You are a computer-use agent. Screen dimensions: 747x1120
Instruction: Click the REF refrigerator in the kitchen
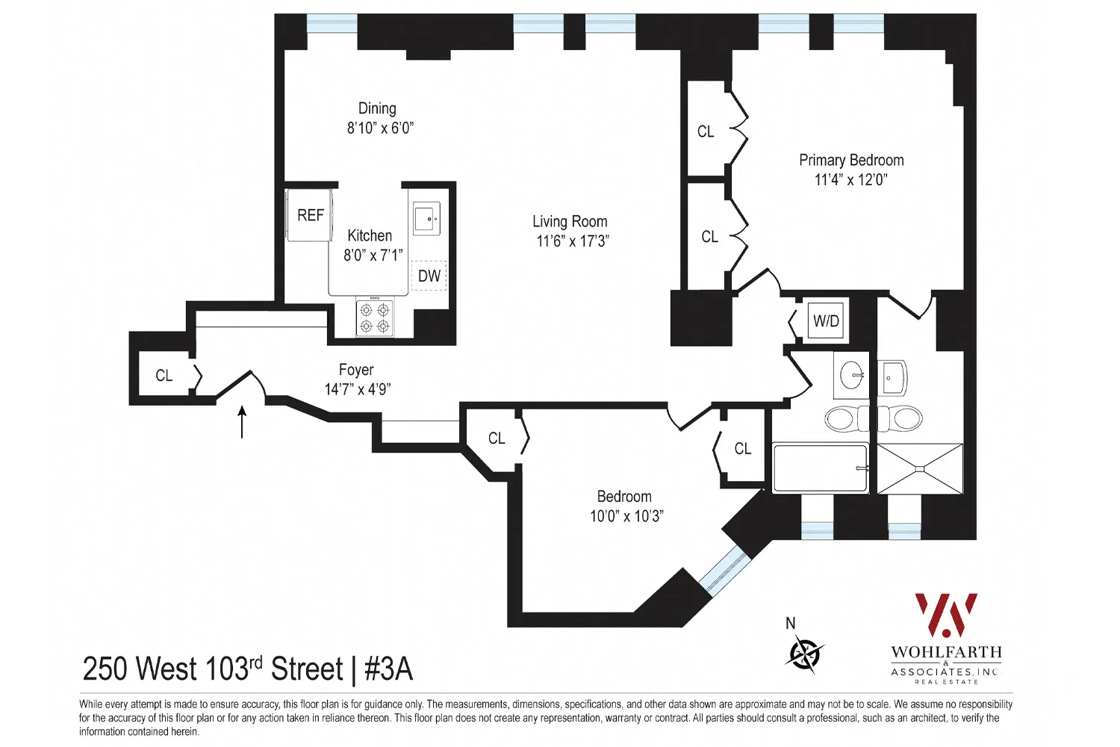pyautogui.click(x=310, y=216)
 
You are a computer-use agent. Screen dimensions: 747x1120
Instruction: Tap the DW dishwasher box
pyautogui.click(x=429, y=276)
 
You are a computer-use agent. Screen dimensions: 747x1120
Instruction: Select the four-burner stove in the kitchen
pyautogui.click(x=374, y=318)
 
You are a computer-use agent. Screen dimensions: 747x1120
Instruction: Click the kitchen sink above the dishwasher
pyautogui.click(x=427, y=219)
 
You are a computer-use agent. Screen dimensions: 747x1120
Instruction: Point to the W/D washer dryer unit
pyautogui.click(x=826, y=321)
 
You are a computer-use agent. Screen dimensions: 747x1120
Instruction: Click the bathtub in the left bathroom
pyautogui.click(x=820, y=468)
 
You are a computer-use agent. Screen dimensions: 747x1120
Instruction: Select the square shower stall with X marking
pyautogui.click(x=920, y=468)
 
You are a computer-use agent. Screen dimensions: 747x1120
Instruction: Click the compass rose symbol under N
pyautogui.click(x=804, y=654)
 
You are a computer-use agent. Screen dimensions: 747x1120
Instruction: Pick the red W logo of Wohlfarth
pyautogui.click(x=946, y=615)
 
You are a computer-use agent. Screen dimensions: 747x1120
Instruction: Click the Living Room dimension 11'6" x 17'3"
pyautogui.click(x=572, y=241)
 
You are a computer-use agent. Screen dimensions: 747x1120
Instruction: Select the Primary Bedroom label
pyautogui.click(x=851, y=161)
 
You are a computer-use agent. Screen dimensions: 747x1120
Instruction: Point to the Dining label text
pyautogui.click(x=377, y=109)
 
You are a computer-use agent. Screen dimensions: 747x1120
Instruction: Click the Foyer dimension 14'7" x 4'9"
pyautogui.click(x=357, y=389)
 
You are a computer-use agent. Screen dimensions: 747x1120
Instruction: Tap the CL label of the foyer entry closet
pyautogui.click(x=164, y=376)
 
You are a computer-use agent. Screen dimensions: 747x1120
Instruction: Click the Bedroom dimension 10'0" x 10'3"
pyautogui.click(x=626, y=516)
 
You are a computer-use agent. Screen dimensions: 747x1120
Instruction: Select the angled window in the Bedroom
pyautogui.click(x=723, y=570)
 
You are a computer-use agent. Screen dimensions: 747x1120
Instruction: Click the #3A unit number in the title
pyautogui.click(x=388, y=669)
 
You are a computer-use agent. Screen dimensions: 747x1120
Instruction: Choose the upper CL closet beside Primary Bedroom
pyautogui.click(x=706, y=131)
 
